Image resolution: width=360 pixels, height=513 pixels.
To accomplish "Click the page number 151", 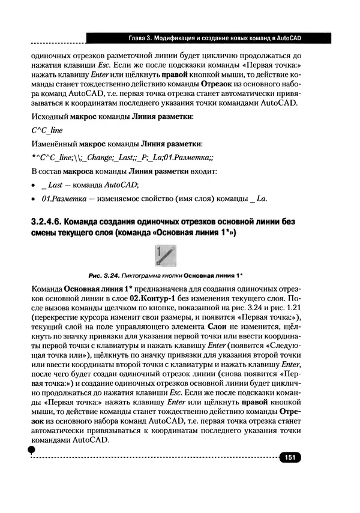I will (x=289, y=458).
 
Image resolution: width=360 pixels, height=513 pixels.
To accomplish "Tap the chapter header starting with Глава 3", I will (x=215, y=38).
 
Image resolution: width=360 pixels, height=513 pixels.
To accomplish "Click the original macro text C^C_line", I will (x=47, y=130).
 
